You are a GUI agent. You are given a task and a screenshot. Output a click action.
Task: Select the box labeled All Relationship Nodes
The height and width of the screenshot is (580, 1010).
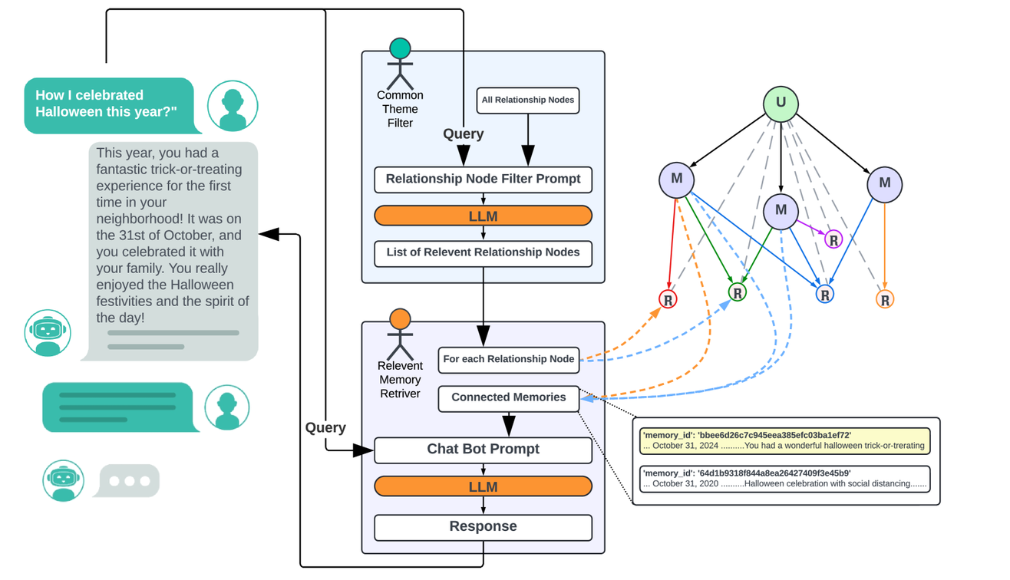(528, 100)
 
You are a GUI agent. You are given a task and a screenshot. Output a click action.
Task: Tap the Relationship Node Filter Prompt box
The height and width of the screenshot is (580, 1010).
(483, 180)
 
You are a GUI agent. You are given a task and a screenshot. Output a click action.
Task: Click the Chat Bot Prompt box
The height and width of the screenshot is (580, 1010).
(483, 450)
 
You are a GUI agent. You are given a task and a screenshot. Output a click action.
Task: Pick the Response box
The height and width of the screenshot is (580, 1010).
(483, 527)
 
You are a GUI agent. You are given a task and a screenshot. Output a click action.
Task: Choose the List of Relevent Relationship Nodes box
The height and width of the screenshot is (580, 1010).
(483, 253)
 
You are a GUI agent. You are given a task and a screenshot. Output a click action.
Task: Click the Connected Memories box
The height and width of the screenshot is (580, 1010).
(508, 398)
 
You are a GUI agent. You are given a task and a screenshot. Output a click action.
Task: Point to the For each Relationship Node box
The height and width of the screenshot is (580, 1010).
(508, 359)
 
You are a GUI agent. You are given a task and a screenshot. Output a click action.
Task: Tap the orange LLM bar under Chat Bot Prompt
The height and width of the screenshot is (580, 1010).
(483, 487)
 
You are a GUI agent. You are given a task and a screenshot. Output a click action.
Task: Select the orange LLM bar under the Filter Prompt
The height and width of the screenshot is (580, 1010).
(483, 216)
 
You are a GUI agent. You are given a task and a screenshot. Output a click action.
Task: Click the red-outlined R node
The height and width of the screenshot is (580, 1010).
(668, 300)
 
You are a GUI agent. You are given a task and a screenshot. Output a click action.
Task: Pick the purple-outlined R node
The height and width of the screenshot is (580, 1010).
(833, 239)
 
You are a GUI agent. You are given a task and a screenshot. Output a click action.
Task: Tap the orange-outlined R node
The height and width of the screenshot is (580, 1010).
(885, 300)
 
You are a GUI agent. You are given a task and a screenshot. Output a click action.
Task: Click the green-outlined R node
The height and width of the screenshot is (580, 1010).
(737, 292)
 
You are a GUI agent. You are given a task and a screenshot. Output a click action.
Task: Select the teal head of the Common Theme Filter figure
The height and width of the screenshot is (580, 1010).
(400, 49)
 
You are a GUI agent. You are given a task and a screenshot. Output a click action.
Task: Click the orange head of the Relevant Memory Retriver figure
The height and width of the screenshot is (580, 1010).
(400, 319)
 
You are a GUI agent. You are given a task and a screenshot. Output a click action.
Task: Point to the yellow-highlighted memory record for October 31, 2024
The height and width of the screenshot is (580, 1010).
(784, 441)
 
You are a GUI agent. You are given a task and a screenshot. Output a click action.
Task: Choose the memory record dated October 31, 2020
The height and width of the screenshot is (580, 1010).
(784, 479)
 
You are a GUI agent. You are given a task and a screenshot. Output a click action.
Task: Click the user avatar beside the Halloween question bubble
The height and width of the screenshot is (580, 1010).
(233, 107)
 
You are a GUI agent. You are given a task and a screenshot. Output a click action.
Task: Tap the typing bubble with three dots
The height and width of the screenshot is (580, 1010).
(129, 481)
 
